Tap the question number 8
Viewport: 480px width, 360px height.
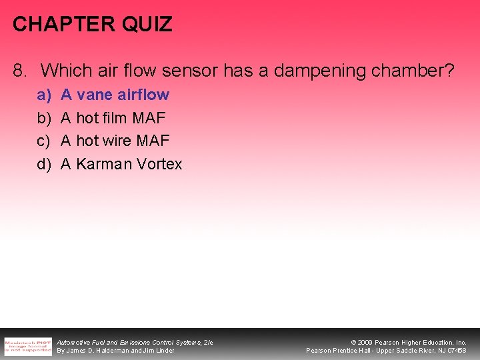pyautogui.click(x=20, y=70)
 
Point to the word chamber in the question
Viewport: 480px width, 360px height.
pyautogui.click(x=407, y=70)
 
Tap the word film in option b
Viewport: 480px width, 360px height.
pyautogui.click(x=117, y=118)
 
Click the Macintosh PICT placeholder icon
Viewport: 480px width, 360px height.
pyautogui.click(x=28, y=345)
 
